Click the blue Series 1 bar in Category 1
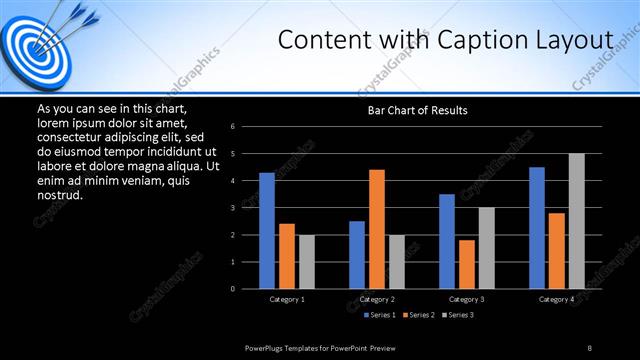tap(267, 231)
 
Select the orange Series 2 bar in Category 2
tap(376, 229)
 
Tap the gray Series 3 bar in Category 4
tap(576, 221)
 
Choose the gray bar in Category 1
tap(306, 262)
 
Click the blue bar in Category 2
tap(357, 255)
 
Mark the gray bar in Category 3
tap(486, 248)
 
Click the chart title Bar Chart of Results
tap(417, 110)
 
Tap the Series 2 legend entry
tap(419, 315)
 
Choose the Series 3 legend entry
tap(457, 315)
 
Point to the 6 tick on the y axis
tap(232, 127)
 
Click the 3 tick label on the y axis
tap(232, 208)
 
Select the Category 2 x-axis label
tap(377, 299)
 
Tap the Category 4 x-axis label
tap(557, 299)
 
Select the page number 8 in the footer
tap(590, 347)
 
